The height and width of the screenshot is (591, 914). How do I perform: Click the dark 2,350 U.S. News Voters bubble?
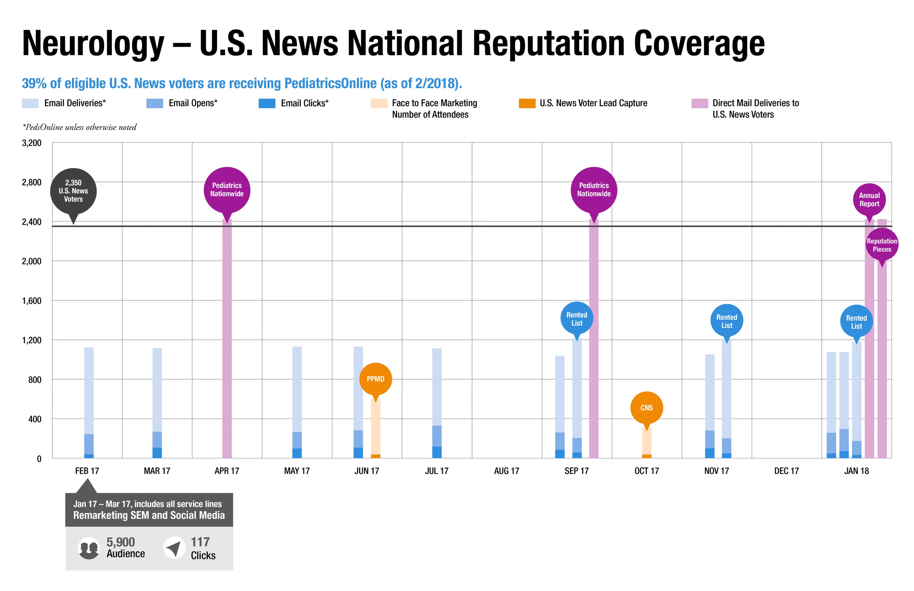coord(73,191)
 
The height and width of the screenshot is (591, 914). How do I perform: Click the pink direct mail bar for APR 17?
coord(227,339)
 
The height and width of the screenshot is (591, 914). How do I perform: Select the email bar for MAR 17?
coord(157,403)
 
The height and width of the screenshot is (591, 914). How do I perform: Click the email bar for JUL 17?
coord(437,403)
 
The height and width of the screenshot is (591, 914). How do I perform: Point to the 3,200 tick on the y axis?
coord(31,143)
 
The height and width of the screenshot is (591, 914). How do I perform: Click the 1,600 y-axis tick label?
coord(31,301)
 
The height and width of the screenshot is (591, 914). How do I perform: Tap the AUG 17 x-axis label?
coord(507,471)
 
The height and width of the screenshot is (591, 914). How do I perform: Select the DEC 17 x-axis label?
coord(786,471)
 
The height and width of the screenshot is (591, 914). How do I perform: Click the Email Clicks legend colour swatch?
coord(267,103)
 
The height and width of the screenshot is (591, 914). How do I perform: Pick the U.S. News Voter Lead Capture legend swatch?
coord(527,103)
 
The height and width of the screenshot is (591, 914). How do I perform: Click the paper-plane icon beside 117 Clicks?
coord(175,548)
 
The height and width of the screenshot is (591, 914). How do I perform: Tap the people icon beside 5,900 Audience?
coord(89,548)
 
